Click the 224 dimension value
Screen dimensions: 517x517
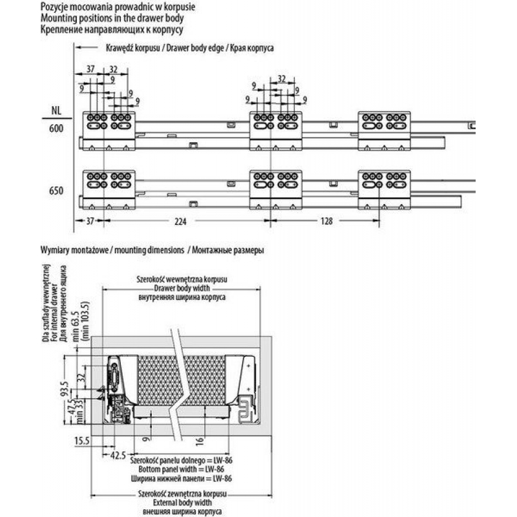click(x=180, y=221)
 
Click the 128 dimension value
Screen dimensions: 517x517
click(x=326, y=221)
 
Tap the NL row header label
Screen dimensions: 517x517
click(x=56, y=111)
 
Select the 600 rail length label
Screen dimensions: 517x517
click(x=56, y=128)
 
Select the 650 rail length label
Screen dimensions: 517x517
click(x=56, y=191)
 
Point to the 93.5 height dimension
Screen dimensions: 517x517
click(x=65, y=388)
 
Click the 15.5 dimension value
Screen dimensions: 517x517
click(x=82, y=441)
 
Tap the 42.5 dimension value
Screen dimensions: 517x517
click(x=118, y=456)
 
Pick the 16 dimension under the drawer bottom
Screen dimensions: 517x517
click(x=200, y=441)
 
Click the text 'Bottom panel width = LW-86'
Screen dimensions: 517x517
click(x=181, y=469)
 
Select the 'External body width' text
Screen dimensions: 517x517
click(x=182, y=503)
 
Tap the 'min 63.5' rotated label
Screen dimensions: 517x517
click(x=76, y=326)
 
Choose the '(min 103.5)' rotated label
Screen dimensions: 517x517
click(x=85, y=321)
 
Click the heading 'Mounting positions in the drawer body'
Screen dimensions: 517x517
click(x=112, y=18)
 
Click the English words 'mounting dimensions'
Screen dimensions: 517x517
click(x=149, y=250)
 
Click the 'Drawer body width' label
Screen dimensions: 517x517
click(x=182, y=288)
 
